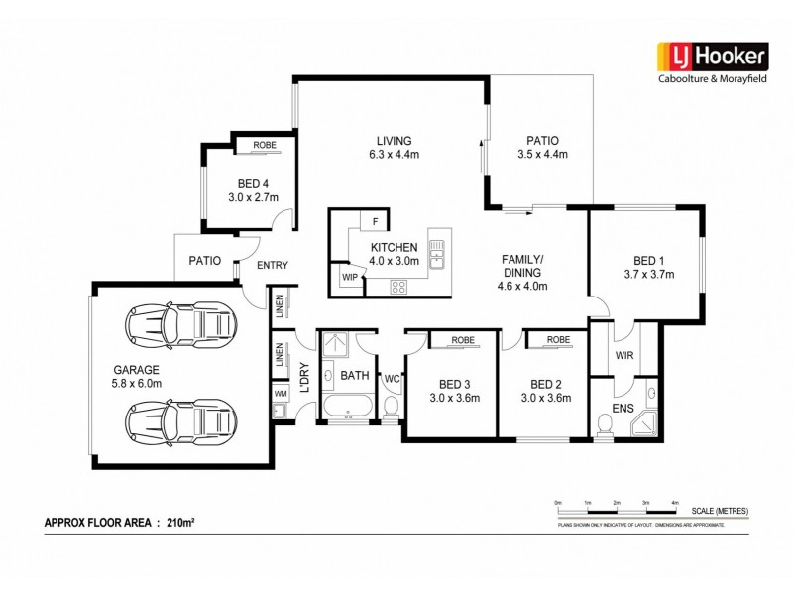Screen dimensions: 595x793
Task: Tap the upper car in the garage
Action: point(180,322)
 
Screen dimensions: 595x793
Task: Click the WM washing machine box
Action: point(281,395)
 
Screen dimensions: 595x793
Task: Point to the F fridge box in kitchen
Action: point(375,220)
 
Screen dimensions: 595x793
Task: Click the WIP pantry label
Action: point(349,278)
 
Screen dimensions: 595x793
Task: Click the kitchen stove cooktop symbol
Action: point(399,287)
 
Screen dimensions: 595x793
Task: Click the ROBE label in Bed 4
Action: point(264,146)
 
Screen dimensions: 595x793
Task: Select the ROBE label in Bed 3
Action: point(463,340)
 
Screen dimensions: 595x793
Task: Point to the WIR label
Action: point(623,354)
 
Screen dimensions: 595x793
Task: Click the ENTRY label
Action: point(272,265)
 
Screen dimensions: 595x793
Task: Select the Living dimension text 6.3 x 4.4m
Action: point(387,155)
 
